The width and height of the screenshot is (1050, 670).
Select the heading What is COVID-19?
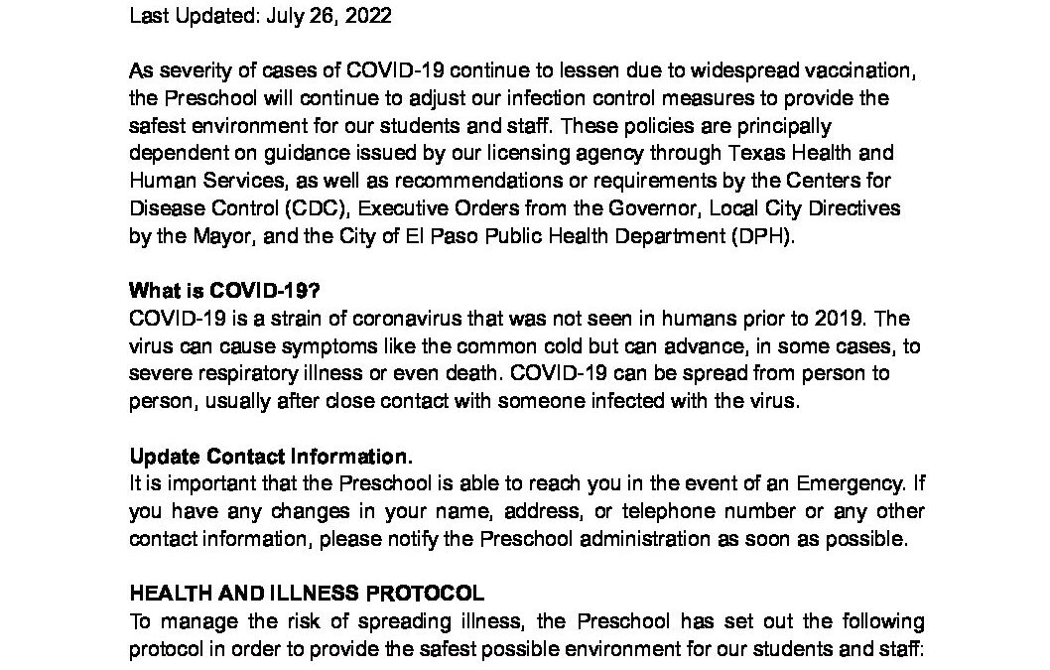coord(224,292)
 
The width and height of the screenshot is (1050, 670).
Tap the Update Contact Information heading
coord(271,457)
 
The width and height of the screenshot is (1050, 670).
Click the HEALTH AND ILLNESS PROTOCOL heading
coord(307,595)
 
